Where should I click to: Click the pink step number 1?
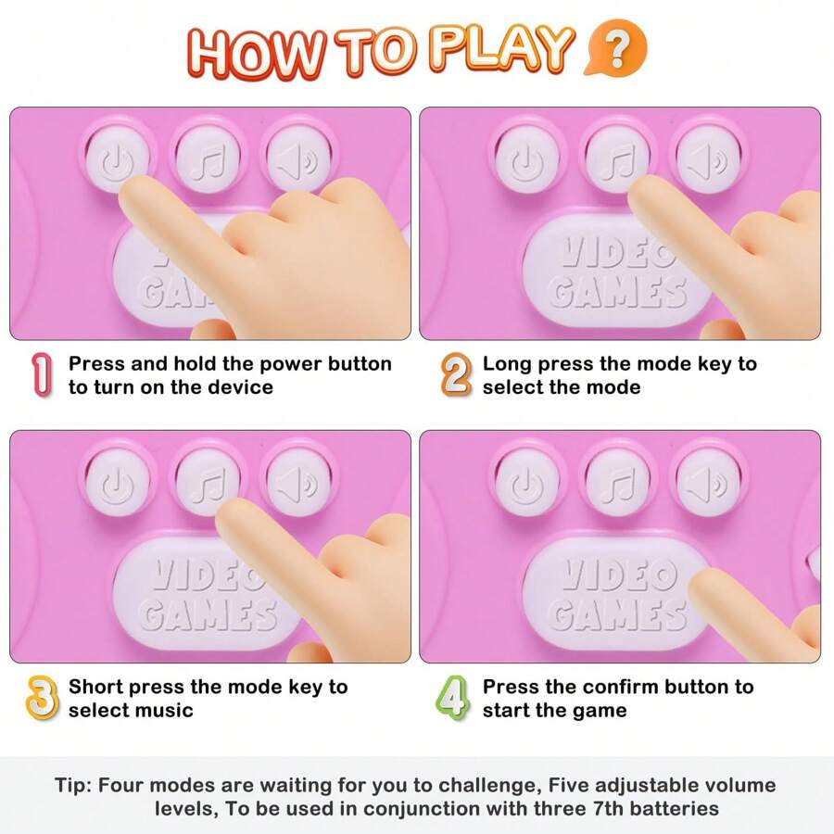coord(42,375)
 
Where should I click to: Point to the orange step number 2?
coord(455,375)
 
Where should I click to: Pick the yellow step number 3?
coord(42,699)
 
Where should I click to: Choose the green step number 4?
coord(452,699)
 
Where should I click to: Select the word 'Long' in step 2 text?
coord(507,364)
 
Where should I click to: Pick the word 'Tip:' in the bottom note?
coord(74,786)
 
